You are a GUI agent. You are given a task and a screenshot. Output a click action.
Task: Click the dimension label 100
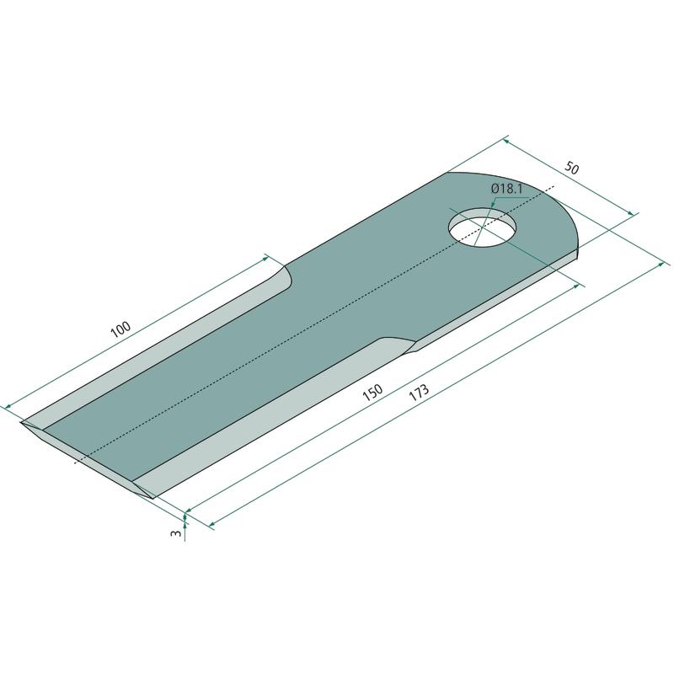(120, 329)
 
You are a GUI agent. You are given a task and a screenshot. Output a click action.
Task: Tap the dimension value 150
(372, 392)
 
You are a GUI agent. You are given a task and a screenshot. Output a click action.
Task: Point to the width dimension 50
(572, 167)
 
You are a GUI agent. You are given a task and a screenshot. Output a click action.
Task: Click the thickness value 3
(174, 533)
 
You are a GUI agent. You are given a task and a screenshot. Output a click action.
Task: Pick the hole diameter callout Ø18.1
(506, 188)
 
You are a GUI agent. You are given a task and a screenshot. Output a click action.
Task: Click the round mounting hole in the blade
(483, 227)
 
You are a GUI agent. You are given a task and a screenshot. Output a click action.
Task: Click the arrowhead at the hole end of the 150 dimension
(576, 286)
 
